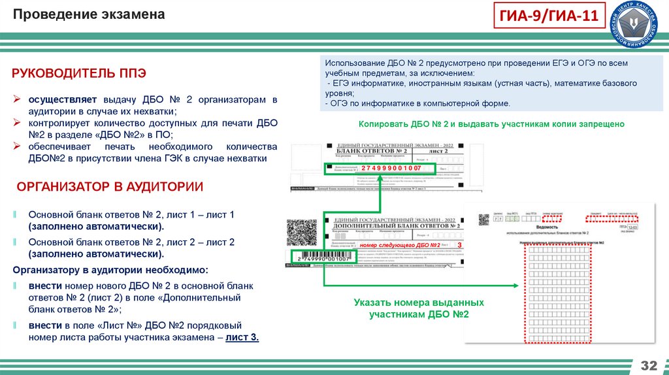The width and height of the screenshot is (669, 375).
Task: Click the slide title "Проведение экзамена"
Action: coord(89,14)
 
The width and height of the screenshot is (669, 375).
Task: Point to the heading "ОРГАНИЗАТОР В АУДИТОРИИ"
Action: coord(110,187)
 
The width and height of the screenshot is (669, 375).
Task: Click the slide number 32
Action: coord(649,364)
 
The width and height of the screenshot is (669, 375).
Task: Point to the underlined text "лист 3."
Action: coord(242,337)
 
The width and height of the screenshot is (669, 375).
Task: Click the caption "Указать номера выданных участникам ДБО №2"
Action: coord(419,309)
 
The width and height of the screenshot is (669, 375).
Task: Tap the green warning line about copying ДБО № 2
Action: coord(492,123)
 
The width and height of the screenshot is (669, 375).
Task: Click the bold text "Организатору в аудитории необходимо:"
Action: coord(110,270)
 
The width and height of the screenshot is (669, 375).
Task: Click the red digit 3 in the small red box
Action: coord(459,245)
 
